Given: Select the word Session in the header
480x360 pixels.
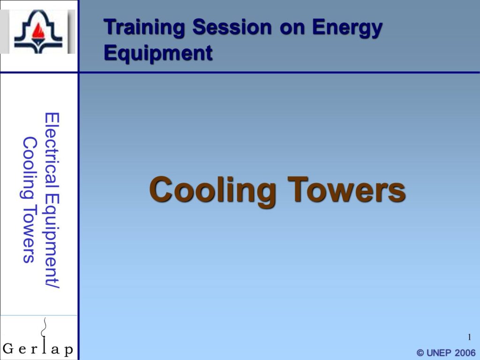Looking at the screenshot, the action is click(232, 27).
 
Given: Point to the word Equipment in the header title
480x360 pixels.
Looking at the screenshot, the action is click(158, 53).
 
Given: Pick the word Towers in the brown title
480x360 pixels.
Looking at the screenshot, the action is click(346, 189).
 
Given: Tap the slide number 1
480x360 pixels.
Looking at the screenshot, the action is click(469, 337).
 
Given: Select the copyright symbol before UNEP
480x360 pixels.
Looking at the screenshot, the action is click(420, 353).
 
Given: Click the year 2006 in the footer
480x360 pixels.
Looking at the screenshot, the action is click(465, 353).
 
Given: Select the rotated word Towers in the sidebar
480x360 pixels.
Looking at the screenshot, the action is click(30, 234).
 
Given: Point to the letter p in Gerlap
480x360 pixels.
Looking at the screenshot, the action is click(68, 350).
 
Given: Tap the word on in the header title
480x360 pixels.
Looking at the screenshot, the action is click(292, 28).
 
